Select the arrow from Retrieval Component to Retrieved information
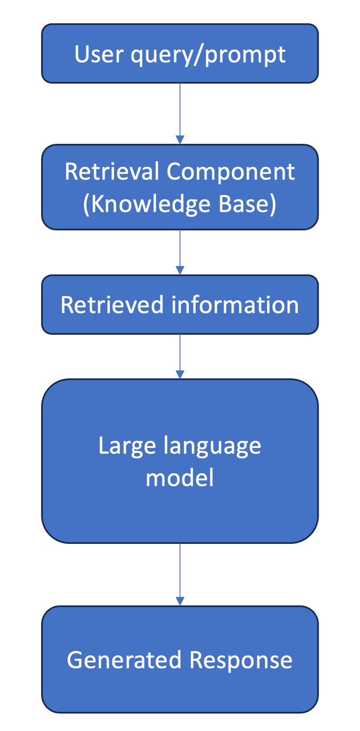tap(180, 252)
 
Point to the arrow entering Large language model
tap(180, 357)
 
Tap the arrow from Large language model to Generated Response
tap(180, 574)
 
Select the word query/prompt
tap(208, 55)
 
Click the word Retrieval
tap(112, 172)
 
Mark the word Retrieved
tap(112, 305)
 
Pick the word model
tap(180, 478)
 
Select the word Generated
tap(124, 660)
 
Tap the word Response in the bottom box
tap(241, 661)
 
